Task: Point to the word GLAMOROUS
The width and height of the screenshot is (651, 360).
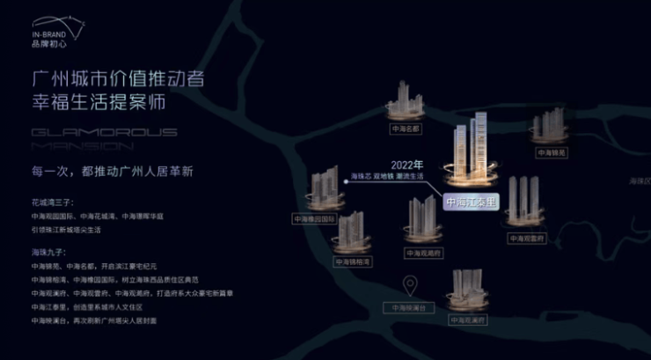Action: point(104,133)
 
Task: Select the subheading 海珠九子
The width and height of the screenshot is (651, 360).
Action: point(46,253)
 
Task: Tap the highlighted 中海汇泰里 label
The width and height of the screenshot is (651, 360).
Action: point(472,202)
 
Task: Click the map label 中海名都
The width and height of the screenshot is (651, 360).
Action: point(406,129)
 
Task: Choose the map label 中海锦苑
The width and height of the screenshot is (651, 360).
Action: point(551,152)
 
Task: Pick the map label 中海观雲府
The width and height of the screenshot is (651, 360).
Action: point(524,238)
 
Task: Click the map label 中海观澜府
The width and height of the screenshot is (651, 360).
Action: point(465,320)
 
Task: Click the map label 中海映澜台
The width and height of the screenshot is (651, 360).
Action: point(408,308)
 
